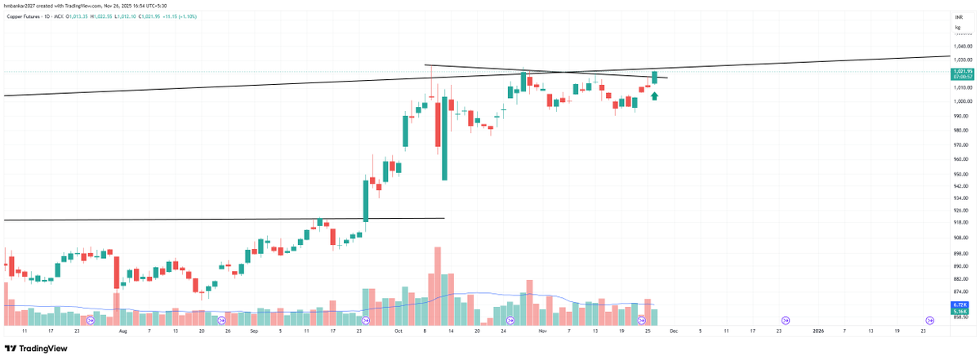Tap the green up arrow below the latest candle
[x=654, y=96]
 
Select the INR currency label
[x=958, y=16]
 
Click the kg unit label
[x=957, y=27]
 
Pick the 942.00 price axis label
[x=960, y=186]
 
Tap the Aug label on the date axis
[x=123, y=332]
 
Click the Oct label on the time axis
[x=399, y=332]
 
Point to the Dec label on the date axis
[x=674, y=332]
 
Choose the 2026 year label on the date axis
[x=818, y=332]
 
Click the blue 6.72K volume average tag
[x=960, y=304]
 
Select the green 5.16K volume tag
[x=960, y=312]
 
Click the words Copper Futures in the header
[x=23, y=15]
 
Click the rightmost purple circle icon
[x=929, y=320]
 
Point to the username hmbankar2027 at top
[x=20, y=6]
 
